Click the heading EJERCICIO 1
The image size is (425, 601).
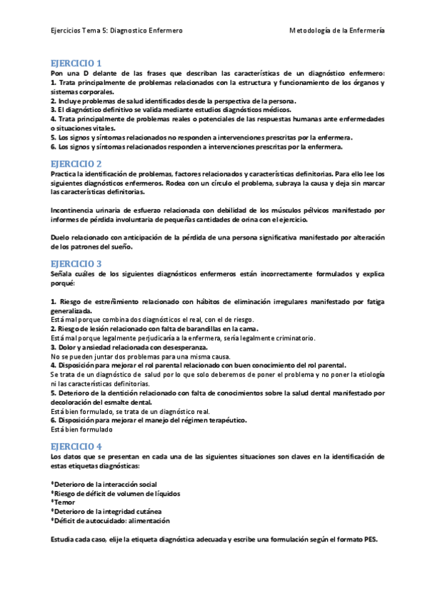coord(77,63)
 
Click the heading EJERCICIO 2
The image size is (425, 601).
coord(77,163)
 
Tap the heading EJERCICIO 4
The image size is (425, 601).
coord(77,446)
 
